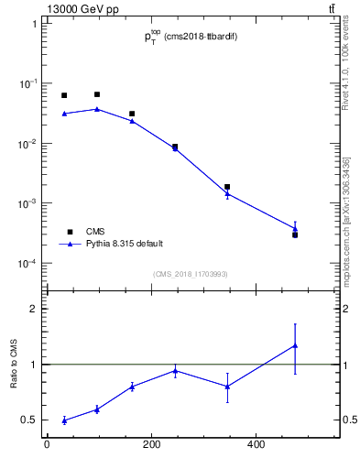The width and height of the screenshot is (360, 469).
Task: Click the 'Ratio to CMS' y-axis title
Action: [x=15, y=364]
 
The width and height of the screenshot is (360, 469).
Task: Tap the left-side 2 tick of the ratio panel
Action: [x=34, y=309]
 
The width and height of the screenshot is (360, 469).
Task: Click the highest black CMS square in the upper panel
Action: [x=97, y=94]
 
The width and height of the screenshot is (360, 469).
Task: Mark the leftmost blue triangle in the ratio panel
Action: [x=64, y=420]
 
